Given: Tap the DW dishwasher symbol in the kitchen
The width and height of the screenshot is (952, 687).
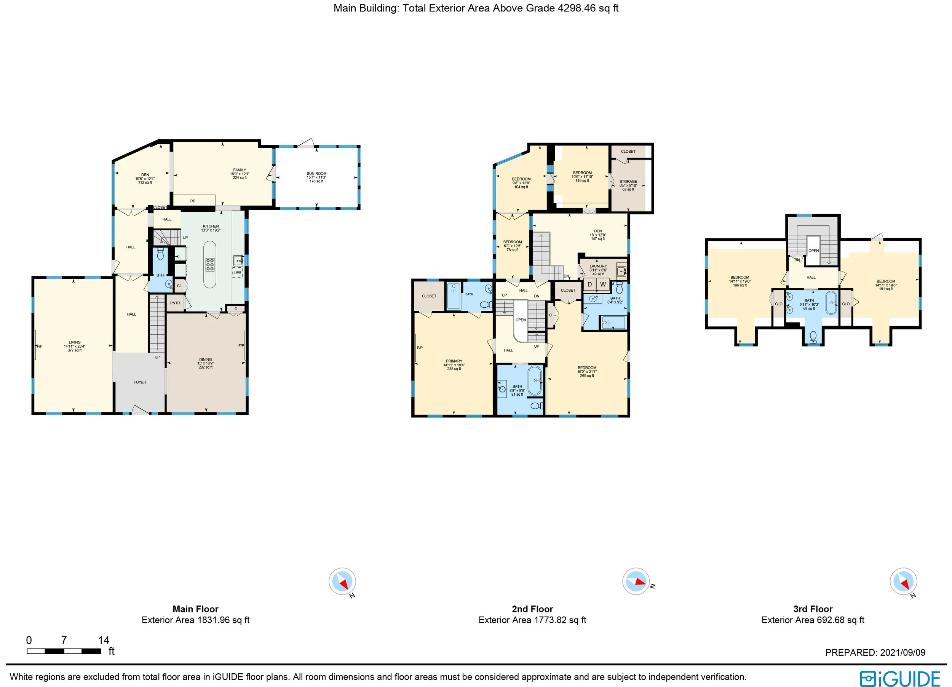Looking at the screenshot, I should click(x=237, y=272).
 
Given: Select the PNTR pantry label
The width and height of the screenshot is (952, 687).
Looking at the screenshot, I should click(x=175, y=303).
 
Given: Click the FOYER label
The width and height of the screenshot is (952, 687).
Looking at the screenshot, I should click(x=140, y=382).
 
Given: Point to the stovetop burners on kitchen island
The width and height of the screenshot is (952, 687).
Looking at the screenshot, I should click(x=210, y=264).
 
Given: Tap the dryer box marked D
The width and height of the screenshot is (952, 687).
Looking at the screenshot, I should click(x=589, y=284).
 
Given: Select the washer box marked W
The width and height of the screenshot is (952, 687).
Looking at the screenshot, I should click(x=603, y=284).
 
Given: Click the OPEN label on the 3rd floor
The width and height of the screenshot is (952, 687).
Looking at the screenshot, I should click(x=813, y=251).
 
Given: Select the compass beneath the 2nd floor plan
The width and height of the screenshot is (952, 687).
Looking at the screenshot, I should click(x=636, y=581).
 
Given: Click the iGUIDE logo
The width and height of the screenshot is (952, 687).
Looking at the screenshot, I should click(x=899, y=678).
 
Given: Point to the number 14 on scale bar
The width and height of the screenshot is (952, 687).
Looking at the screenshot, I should click(x=104, y=640).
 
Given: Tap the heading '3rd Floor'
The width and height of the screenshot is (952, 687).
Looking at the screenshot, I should click(x=813, y=609).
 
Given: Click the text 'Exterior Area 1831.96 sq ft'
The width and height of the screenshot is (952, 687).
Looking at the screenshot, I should click(x=195, y=620).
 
